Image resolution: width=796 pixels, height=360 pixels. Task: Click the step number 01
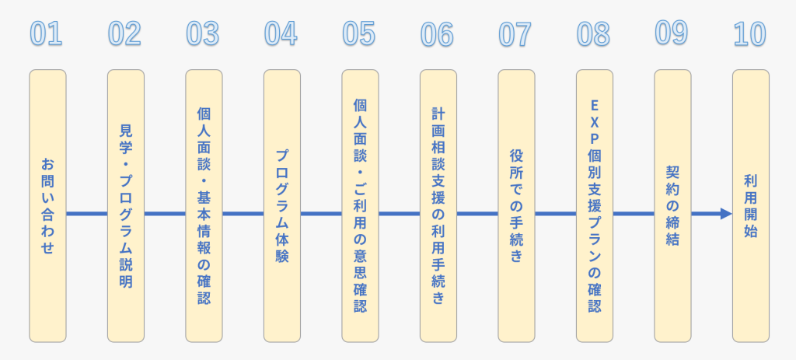46,33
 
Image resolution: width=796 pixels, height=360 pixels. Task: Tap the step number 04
281,33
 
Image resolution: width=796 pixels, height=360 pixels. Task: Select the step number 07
515,33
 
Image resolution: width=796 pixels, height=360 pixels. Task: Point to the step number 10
749,33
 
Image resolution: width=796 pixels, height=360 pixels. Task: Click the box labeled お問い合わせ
47,206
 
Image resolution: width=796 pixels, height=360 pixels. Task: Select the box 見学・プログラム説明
126,206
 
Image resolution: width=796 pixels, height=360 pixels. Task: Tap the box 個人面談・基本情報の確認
204,206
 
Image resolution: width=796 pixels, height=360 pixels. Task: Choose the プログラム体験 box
282,206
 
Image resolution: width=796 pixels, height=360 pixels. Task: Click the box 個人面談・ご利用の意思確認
360,206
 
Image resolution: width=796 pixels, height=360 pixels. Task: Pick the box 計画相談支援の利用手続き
438,206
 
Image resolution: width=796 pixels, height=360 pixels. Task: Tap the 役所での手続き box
516,206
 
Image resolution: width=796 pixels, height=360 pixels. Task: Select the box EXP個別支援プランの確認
595,206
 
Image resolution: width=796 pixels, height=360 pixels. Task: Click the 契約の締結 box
672,206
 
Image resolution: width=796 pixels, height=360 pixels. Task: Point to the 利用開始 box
750,206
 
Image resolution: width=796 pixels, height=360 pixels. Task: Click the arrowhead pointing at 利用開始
725,214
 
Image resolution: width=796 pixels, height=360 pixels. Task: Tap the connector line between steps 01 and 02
86,214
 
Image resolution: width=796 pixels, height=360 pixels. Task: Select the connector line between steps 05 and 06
399,214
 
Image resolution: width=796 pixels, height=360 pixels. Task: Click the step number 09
672,33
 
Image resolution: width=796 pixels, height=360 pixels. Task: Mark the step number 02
124,33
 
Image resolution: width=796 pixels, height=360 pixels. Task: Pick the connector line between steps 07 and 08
555,214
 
